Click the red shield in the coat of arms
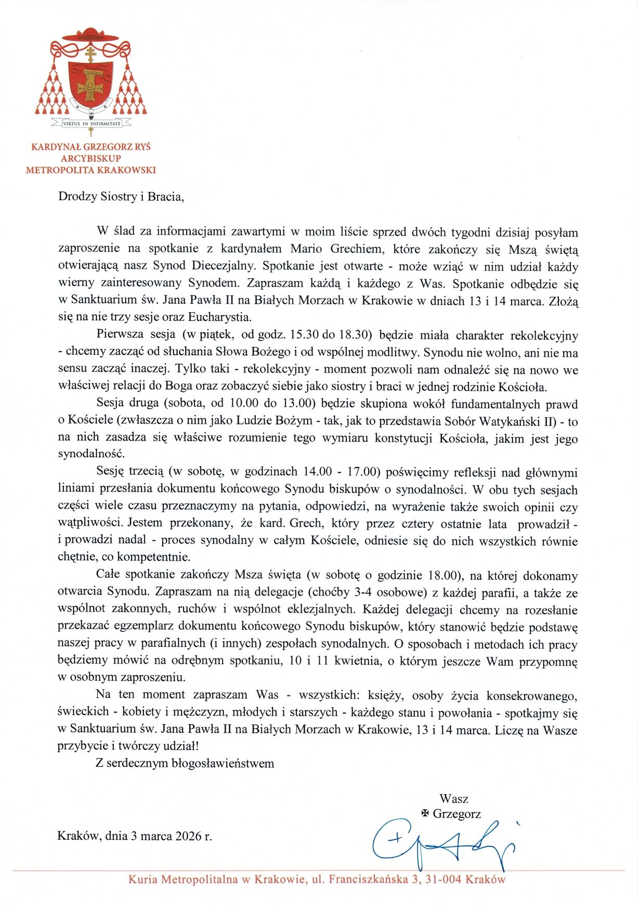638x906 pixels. (91, 83)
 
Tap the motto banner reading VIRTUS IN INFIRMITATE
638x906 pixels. (91, 124)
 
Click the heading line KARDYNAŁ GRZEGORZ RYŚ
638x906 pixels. (91, 147)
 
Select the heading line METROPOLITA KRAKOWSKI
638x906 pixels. (91, 170)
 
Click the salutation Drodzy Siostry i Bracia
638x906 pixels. (121, 197)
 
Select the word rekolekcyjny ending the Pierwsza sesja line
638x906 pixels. (544, 335)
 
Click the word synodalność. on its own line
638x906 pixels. (91, 454)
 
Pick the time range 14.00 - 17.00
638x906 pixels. (340, 472)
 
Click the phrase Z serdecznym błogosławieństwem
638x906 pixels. (185, 763)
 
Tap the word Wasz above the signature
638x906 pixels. (453, 798)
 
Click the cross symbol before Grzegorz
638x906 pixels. (425, 813)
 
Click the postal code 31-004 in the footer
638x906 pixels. (444, 879)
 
